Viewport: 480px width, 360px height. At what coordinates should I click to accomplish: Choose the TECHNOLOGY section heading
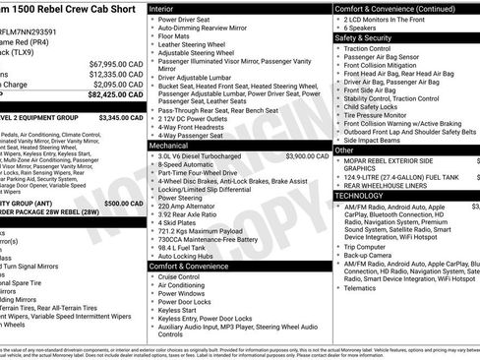[366, 195]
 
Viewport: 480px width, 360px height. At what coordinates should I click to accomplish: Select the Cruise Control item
[187, 277]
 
